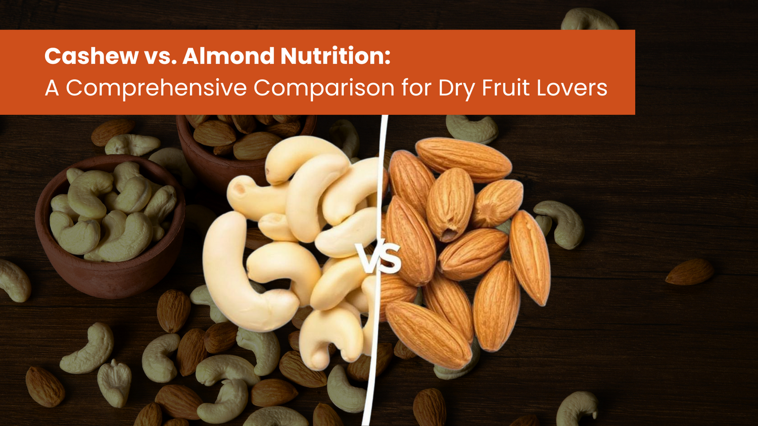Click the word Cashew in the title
(91, 56)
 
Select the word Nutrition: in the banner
(336, 56)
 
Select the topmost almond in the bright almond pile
(463, 159)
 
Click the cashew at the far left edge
(15, 281)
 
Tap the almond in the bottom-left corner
(44, 387)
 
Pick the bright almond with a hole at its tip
(450, 205)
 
